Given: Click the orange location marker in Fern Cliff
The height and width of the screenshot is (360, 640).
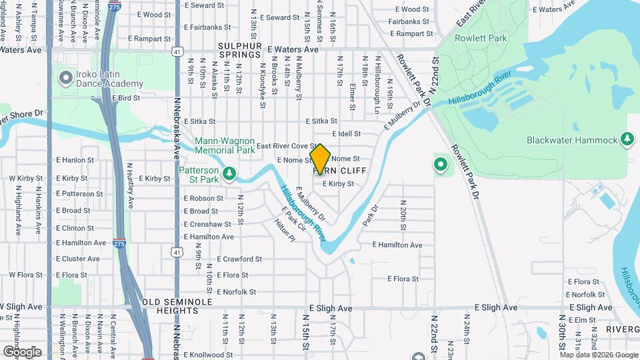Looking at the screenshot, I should pyautogui.click(x=321, y=159).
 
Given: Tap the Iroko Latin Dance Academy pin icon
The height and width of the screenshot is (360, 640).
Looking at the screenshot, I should pyautogui.click(x=65, y=78).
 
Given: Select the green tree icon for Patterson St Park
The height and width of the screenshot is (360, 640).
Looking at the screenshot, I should pyautogui.click(x=229, y=173).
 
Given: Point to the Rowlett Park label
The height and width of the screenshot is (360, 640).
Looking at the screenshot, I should pyautogui.click(x=480, y=38).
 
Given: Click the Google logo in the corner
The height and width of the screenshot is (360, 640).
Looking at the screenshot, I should pyautogui.click(x=22, y=351).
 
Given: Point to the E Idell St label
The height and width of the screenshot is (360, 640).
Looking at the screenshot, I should pyautogui.click(x=345, y=133).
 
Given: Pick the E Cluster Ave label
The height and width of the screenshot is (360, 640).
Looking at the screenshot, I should pyautogui.click(x=77, y=259).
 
